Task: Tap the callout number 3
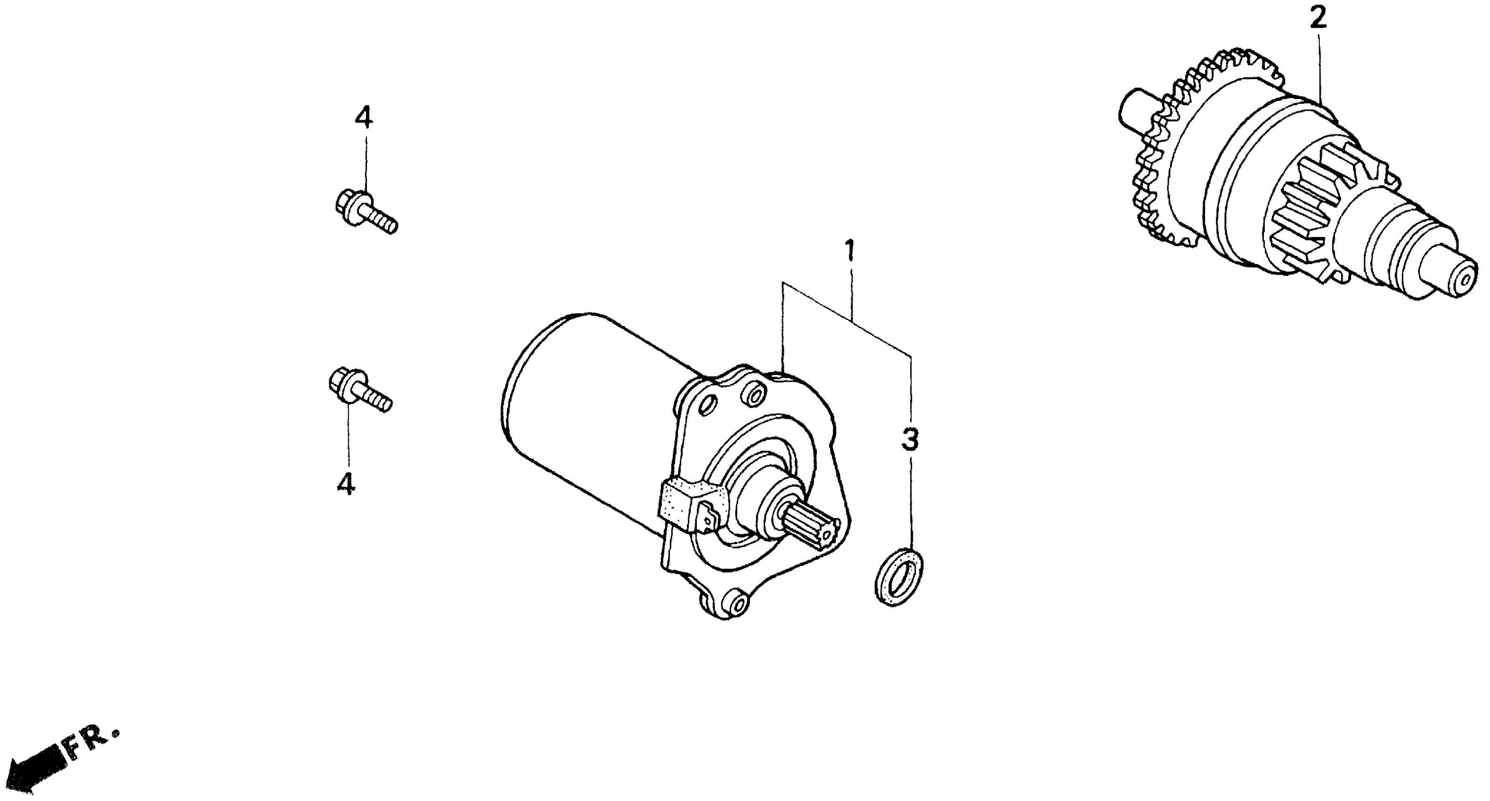click(910, 440)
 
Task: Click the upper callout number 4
click(363, 119)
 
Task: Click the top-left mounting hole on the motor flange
click(709, 405)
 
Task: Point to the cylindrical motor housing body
click(584, 405)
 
